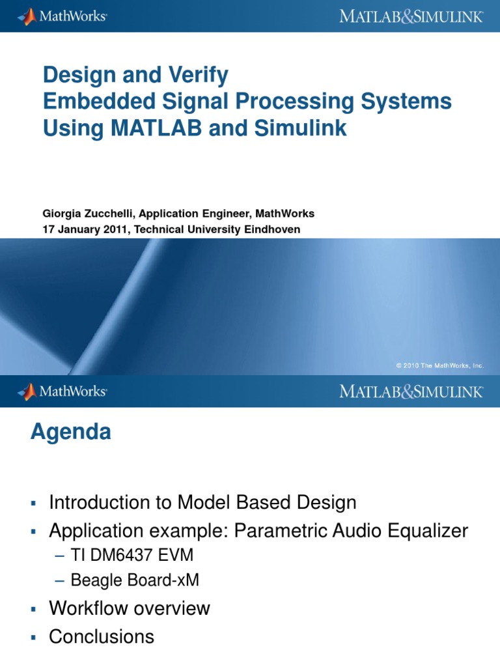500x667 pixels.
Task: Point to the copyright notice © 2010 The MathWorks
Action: click(x=439, y=366)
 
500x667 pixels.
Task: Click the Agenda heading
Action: click(x=70, y=433)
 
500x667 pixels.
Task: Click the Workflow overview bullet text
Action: click(x=130, y=608)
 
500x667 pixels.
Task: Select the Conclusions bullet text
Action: click(x=102, y=636)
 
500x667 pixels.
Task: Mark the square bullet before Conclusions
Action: click(x=33, y=637)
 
